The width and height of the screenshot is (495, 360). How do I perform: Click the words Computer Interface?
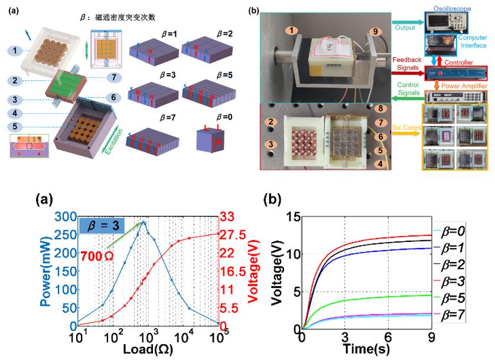(476, 41)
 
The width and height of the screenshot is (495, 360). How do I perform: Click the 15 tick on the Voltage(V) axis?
(292, 217)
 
